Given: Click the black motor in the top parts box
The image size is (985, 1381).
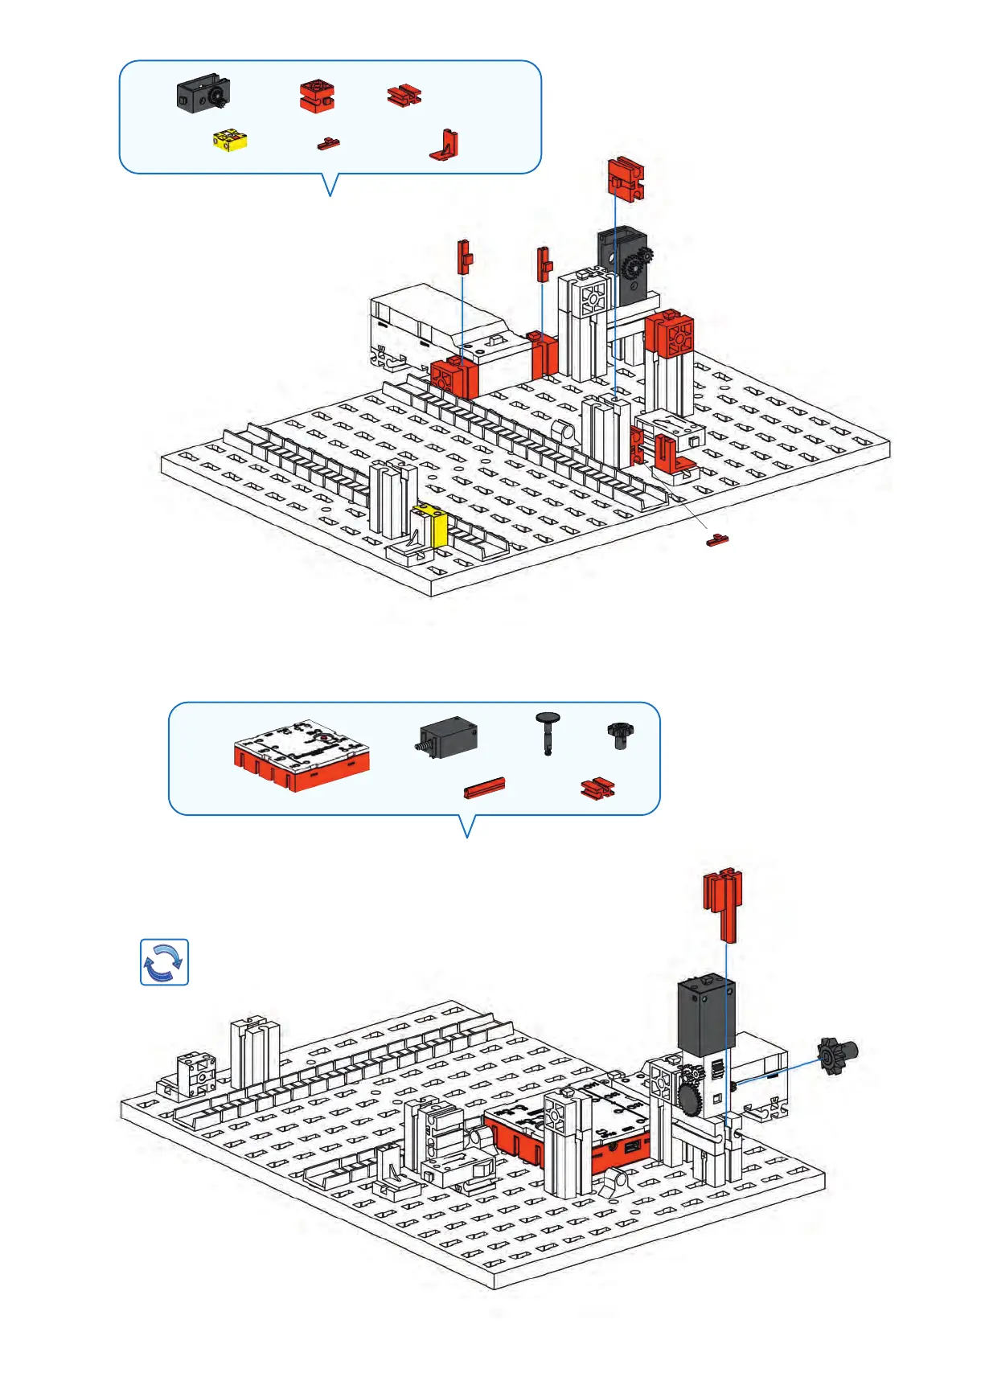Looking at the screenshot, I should (x=203, y=93).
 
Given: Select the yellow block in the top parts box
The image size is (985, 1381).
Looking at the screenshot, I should (x=230, y=140).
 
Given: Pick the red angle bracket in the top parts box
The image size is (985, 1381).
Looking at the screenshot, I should (x=445, y=145).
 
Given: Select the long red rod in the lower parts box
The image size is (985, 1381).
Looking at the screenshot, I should (x=484, y=788).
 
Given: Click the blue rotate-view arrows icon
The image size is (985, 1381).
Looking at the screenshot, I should (x=164, y=961).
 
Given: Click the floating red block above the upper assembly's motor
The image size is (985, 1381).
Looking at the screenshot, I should (x=625, y=179).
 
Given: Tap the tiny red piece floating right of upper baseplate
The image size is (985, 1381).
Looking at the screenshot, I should (x=716, y=540).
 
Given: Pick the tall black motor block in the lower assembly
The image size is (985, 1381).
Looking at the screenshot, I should (x=706, y=1017).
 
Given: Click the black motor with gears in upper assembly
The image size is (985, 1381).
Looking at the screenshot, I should (x=623, y=265).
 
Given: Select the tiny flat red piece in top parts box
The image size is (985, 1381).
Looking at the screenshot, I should (x=327, y=144).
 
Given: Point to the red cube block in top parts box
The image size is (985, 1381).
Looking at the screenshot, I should (x=317, y=96).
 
